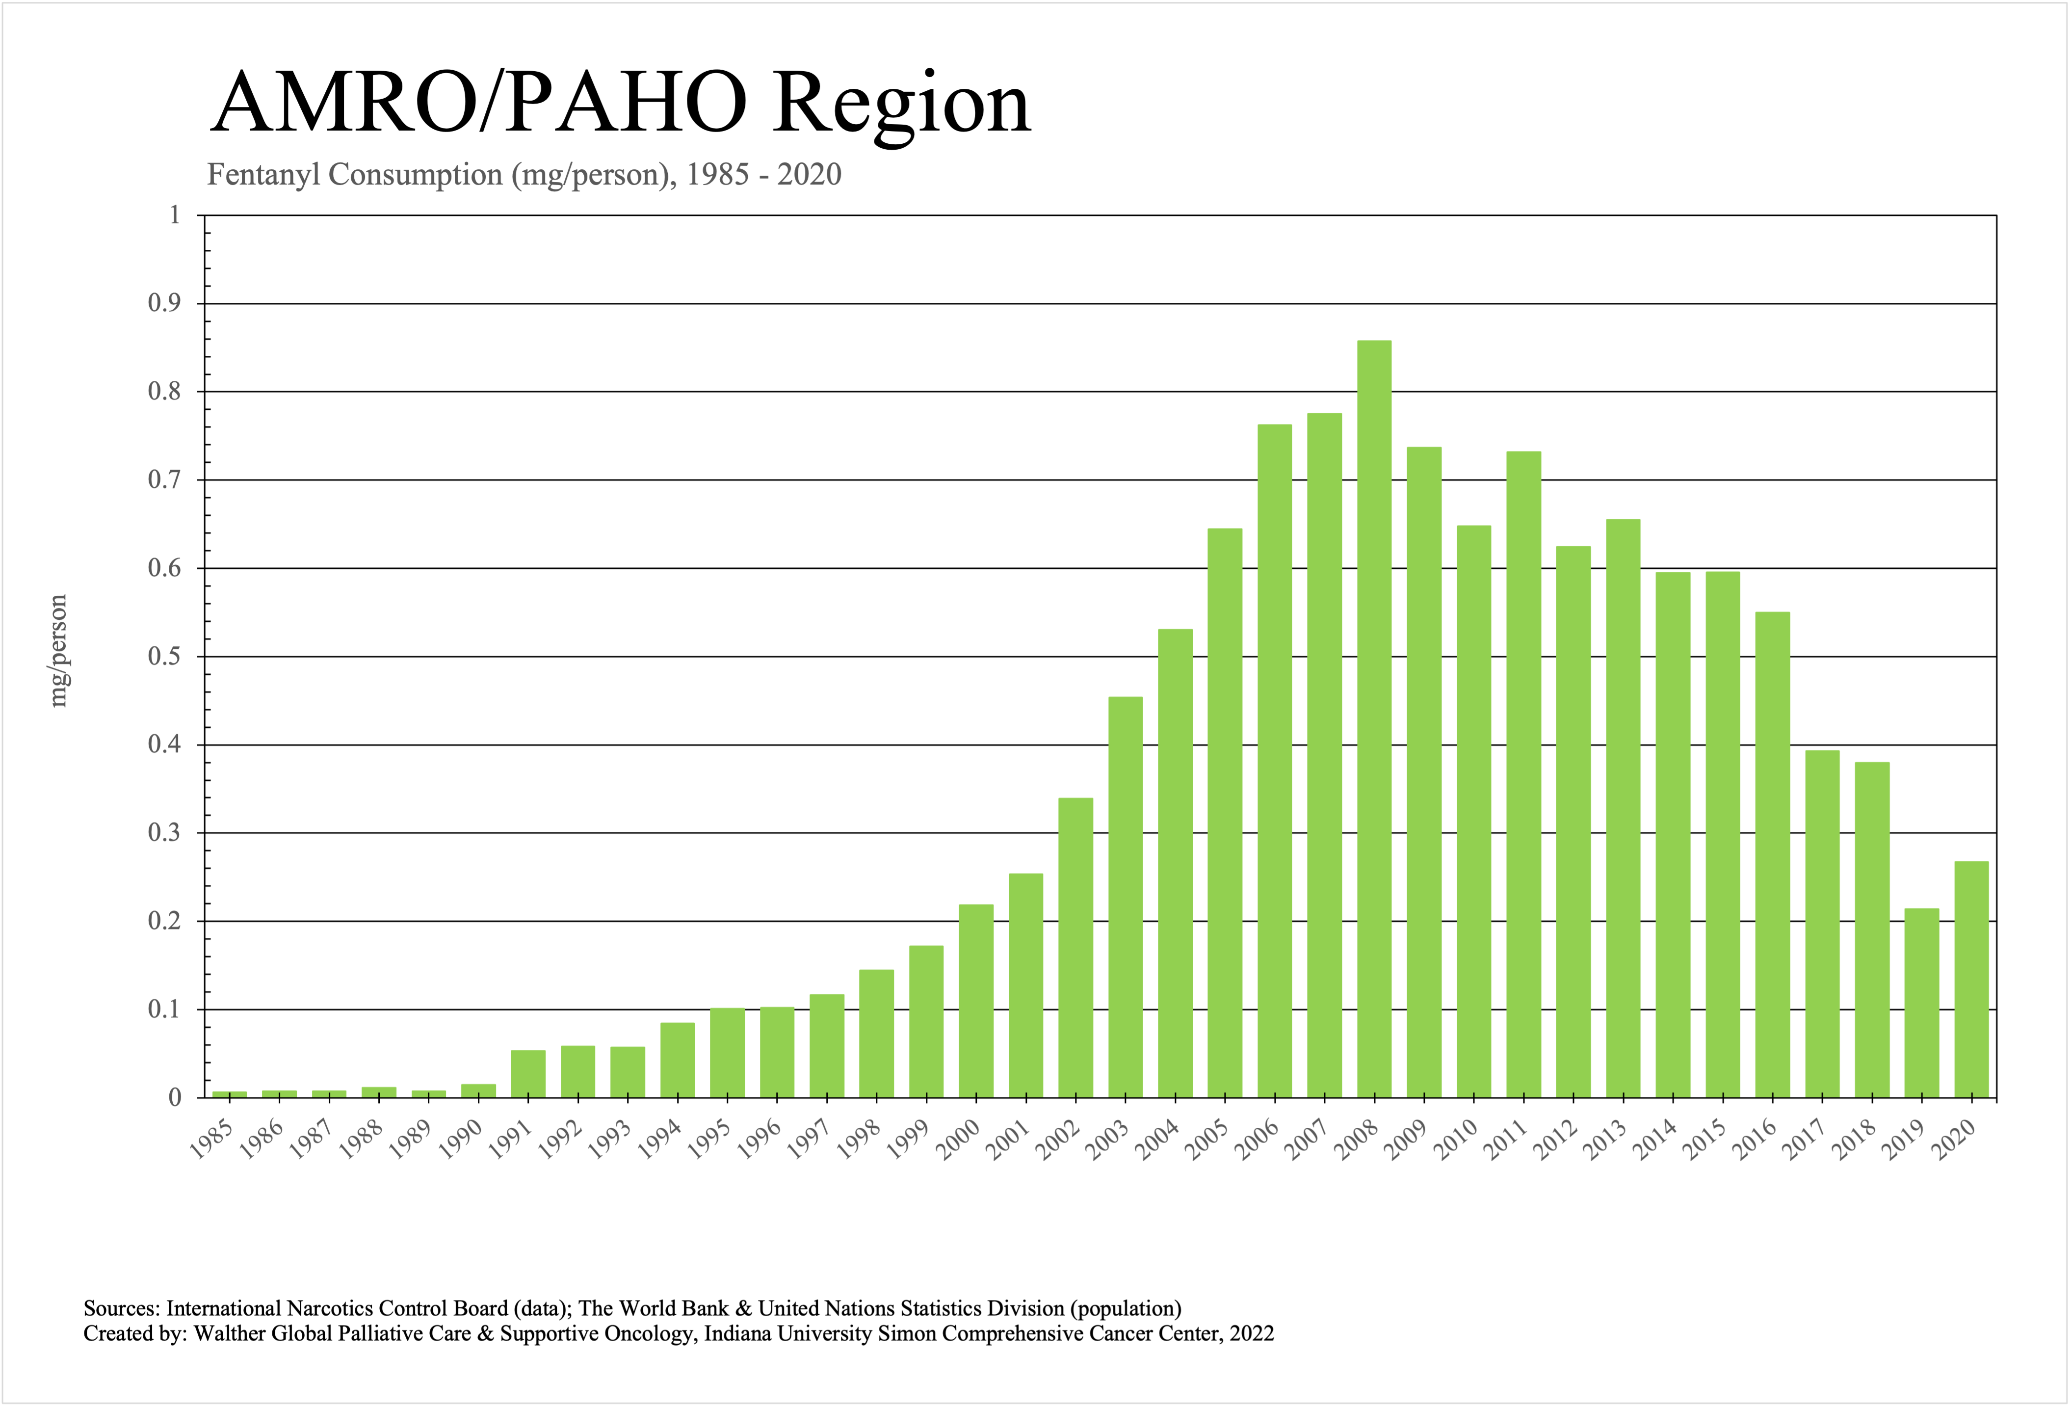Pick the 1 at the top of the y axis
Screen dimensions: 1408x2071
[x=175, y=215]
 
